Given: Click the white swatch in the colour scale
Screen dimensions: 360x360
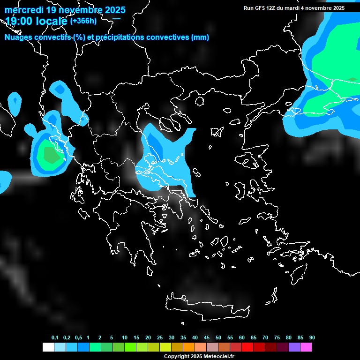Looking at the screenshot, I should (48, 347).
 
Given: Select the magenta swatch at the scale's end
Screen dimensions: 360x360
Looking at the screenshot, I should (306, 347).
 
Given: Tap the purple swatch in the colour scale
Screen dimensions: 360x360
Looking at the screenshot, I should (294, 347).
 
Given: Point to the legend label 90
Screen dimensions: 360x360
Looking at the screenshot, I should (312, 337).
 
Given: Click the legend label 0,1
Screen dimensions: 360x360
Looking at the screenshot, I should (55, 337).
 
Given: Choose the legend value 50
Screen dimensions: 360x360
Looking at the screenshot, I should (218, 337).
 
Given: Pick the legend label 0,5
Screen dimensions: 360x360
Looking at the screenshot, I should (78, 337).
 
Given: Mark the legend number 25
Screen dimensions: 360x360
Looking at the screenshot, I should (160, 337).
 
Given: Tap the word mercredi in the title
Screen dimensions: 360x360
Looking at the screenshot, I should (24, 10).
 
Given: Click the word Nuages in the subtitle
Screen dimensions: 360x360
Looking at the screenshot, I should (19, 37).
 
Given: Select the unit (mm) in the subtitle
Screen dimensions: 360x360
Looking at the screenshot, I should (200, 37).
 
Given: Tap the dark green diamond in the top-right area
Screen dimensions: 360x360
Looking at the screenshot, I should (352, 80).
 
